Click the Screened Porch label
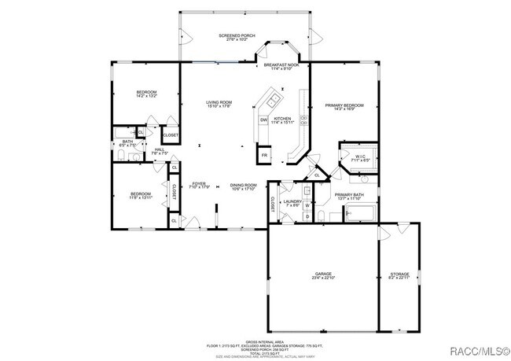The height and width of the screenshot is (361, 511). pos(238,37)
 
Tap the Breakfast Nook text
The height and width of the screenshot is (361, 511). pos(281,66)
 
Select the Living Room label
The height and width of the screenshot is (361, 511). pos(219,104)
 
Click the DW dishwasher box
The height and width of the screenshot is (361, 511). pos(264,119)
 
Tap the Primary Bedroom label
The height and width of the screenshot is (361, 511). pos(344,106)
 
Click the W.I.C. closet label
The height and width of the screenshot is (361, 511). pos(361,157)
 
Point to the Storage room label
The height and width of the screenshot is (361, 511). pos(399,276)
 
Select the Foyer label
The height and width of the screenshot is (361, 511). pos(199,186)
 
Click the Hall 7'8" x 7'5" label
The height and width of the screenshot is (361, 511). pos(159,151)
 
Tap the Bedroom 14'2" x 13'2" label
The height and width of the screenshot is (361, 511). pos(147,94)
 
